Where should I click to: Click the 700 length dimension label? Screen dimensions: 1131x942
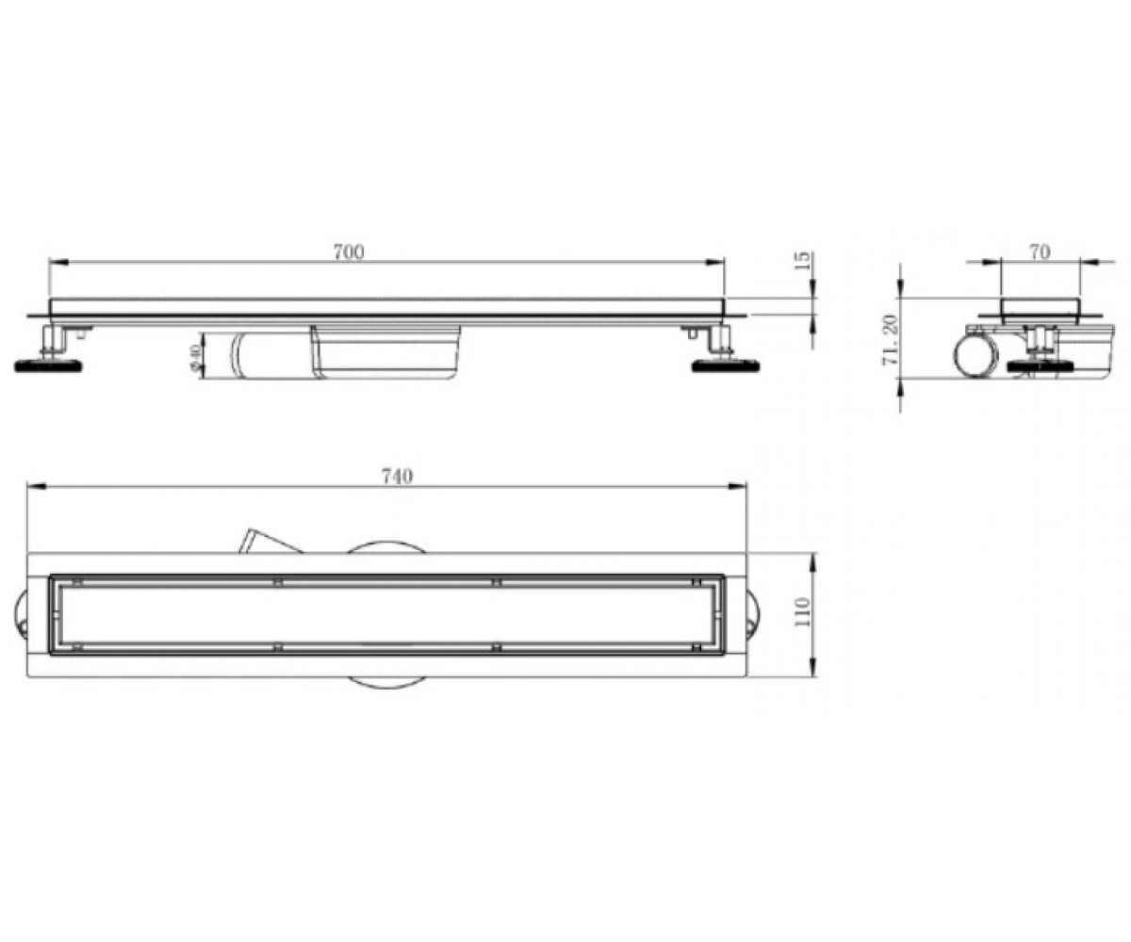tap(349, 252)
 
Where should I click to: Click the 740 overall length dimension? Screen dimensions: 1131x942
tap(398, 477)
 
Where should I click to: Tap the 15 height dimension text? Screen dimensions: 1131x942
tap(805, 260)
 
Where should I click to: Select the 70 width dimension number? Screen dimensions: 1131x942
tap(1040, 252)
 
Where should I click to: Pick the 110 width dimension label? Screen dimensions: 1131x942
tap(802, 611)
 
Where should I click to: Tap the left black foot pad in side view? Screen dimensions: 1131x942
tap(48, 365)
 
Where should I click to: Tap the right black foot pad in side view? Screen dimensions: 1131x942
tap(726, 365)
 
